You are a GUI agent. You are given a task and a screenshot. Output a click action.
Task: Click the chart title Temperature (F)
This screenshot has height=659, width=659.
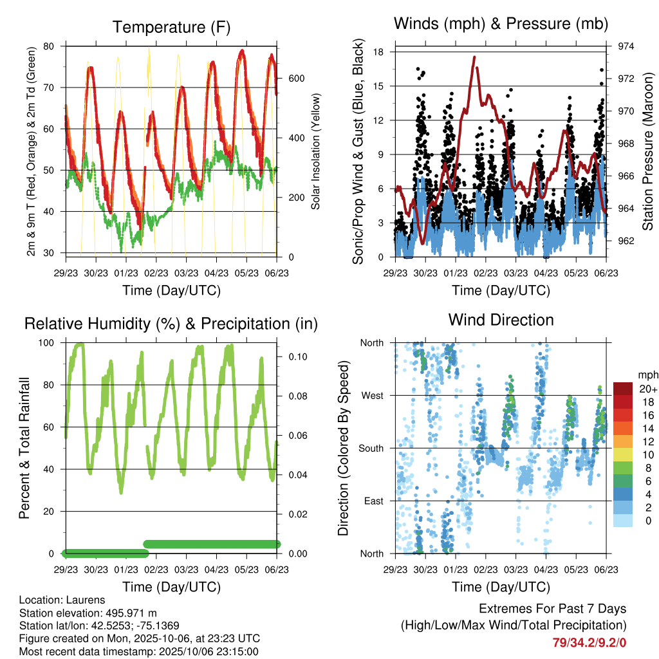[171, 27]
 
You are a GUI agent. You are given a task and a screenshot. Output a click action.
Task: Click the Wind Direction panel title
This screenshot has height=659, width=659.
[501, 320]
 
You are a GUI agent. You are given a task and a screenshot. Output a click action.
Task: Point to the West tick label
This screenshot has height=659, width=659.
[372, 395]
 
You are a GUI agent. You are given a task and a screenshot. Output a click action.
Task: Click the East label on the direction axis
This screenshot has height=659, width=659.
[373, 501]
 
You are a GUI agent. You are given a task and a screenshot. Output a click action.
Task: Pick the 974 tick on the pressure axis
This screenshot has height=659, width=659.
[626, 46]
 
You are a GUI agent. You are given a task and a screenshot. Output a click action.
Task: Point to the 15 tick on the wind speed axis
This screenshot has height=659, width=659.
[379, 86]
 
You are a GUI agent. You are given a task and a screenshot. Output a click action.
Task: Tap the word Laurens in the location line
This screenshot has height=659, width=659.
[86, 600]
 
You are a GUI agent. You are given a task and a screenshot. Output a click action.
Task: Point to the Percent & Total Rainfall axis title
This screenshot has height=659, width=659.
[24, 448]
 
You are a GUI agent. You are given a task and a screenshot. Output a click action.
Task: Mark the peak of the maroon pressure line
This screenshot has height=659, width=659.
[474, 57]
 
